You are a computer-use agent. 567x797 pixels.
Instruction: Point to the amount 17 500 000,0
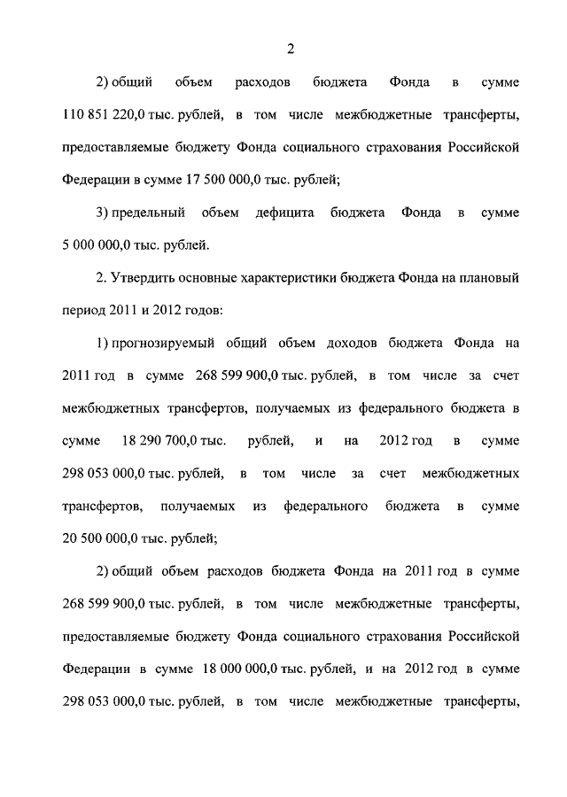237,180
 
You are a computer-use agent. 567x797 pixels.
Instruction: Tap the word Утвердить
144,277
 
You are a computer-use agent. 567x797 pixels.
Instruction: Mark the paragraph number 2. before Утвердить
102,277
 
